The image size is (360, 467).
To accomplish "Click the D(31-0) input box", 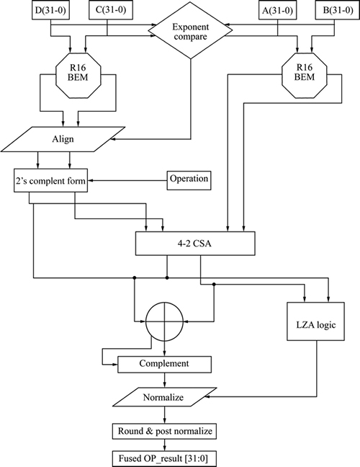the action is pos(50,11).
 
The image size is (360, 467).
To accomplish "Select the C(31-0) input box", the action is pos(111,11).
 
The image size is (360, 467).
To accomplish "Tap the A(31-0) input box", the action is pos(277,11).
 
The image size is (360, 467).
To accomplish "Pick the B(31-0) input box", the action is pos(338,11).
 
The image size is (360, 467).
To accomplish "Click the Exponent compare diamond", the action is pos(190,31).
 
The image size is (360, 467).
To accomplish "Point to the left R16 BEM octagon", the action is pos(78,76).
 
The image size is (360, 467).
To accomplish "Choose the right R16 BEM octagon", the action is pos(304,76).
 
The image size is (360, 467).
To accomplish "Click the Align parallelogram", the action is pos(63,139).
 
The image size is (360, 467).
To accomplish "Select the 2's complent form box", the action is pos(50,180).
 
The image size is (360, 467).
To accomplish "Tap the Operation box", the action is pos(189,180).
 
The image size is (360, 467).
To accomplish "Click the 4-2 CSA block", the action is pos(195,244).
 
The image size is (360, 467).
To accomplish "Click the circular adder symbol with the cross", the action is pos(165,321).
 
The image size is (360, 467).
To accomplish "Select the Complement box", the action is pos(165,364).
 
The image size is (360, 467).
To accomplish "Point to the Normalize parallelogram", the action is pos(165,397).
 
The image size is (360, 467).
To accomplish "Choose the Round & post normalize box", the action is pos(164,431).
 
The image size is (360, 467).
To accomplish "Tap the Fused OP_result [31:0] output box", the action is pos(164,458).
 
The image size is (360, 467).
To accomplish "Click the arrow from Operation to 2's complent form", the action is pos(127,180).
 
